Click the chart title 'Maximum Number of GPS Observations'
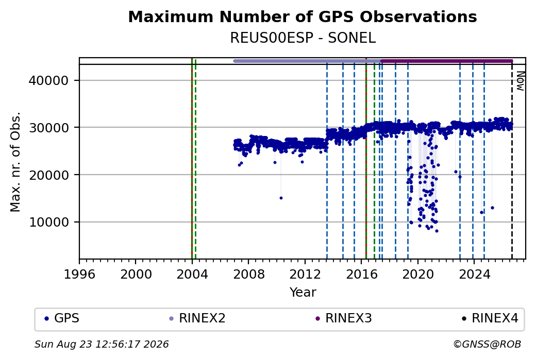303,16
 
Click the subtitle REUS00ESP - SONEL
303,38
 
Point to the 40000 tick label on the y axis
48,81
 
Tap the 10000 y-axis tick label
48,222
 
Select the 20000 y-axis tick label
48,175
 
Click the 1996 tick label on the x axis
79,274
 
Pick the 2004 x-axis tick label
192,274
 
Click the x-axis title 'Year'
303,293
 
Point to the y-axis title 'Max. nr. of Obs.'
15,162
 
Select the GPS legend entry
62,318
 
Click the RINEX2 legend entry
197,318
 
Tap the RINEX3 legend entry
344,318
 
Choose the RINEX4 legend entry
490,318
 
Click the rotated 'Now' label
520,81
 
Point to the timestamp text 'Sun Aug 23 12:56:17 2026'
102,344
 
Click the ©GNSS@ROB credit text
487,344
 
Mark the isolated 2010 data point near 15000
281,198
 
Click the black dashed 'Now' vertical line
512,162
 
